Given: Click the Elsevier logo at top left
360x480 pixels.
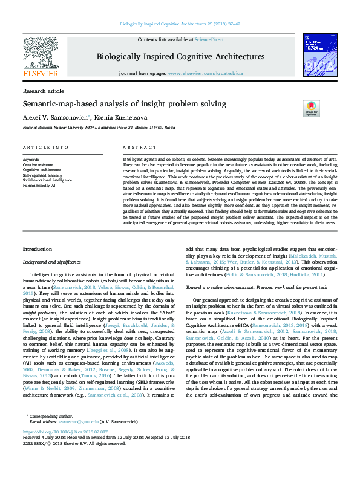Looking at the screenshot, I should pos(41,58).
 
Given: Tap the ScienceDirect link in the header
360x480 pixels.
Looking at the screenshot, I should pos(210,39).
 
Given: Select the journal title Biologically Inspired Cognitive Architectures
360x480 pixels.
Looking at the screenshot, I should pos(180,56).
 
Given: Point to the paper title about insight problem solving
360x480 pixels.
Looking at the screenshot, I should pos(124,103).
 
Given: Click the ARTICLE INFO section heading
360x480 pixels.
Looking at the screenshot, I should pos(45,148).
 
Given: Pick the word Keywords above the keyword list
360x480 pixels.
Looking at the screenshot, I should pos(30,160).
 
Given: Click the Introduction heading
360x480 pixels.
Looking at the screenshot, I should pos(37,249).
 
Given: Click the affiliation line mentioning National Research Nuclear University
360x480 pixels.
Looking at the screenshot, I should pos(99,128).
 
